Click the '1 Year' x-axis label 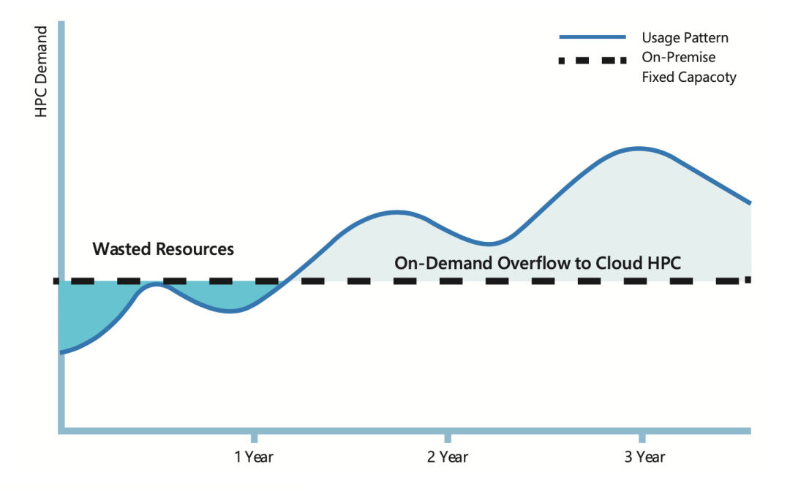[x=254, y=457]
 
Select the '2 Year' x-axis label [x=448, y=457]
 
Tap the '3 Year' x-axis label [x=644, y=457]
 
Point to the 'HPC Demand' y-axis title [x=41, y=72]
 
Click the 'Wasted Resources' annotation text [x=163, y=249]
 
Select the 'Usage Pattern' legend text [x=685, y=38]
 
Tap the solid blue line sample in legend [x=592, y=37]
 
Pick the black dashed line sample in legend [x=592, y=61]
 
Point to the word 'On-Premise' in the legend [x=678, y=57]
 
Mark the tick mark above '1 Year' [x=254, y=437]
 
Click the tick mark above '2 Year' [x=448, y=437]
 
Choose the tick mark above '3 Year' [x=642, y=437]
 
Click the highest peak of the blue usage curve [x=639, y=148]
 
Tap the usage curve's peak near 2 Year [x=396, y=213]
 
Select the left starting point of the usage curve [x=61, y=353]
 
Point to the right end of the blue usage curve [x=750, y=202]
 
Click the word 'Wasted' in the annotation [x=121, y=249]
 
